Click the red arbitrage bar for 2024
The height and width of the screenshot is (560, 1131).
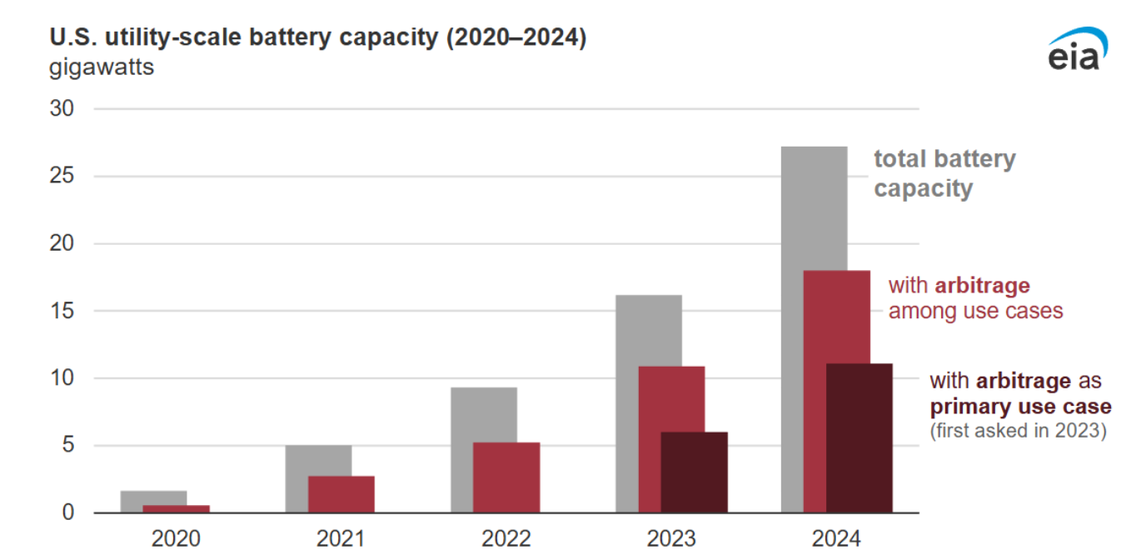[848, 317]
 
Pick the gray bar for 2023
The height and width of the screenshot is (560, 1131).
[637, 333]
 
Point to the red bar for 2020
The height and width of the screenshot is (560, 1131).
[176, 508]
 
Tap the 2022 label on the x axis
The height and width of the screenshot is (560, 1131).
[506, 538]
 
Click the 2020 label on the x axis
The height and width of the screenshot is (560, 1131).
[176, 538]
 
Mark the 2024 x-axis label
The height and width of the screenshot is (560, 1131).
[836, 538]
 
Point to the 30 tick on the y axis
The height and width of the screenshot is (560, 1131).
[62, 109]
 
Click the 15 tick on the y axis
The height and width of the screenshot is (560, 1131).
[62, 311]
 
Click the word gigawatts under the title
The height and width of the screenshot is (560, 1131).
[102, 67]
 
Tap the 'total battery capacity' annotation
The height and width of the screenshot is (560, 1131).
[944, 173]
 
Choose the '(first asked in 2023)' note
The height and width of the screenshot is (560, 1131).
[1018, 431]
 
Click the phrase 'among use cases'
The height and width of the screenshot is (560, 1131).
[975, 311]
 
